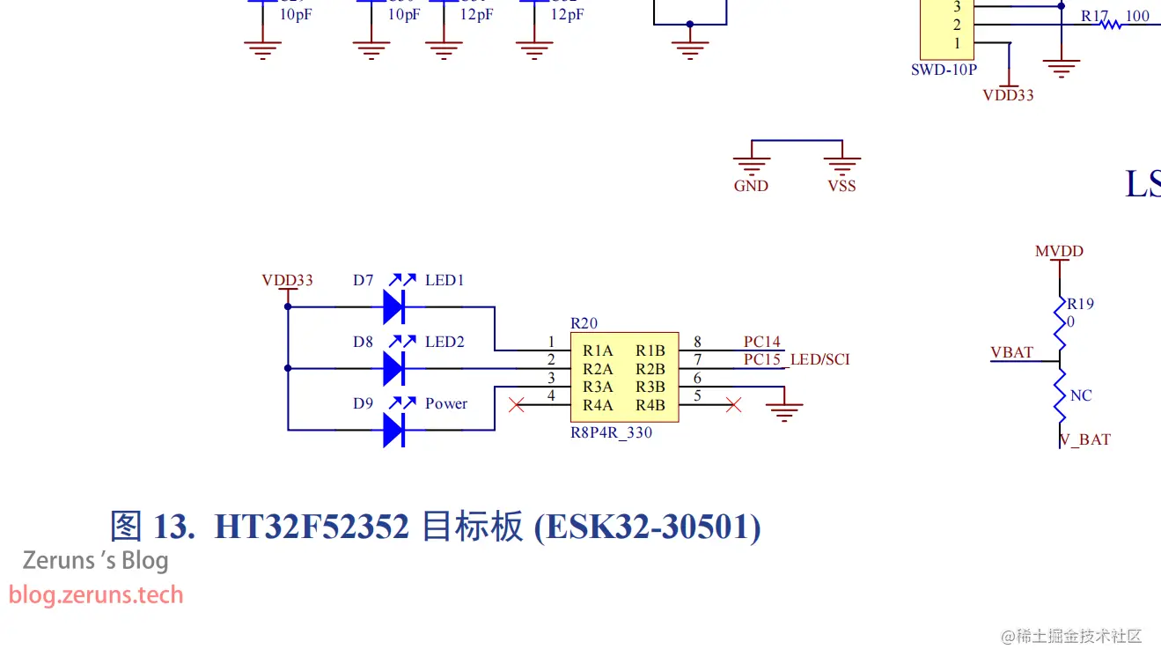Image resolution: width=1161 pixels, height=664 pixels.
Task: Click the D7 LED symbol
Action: (393, 306)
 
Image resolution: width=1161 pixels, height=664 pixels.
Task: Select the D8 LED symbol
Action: (393, 368)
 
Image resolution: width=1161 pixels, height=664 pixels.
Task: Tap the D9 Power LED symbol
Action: (393, 430)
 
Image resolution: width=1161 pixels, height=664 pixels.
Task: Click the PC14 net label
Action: (761, 342)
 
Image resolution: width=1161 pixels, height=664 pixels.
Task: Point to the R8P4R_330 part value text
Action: (611, 432)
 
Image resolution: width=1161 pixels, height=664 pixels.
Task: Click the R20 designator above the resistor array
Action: (584, 323)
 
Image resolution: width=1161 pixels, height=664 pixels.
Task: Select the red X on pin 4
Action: (517, 405)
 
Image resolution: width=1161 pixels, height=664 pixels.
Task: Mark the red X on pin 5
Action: (732, 405)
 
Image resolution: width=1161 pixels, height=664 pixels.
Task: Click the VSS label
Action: (841, 186)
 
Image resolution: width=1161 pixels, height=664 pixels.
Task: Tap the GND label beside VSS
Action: (751, 186)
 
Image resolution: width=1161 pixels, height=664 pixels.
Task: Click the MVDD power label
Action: (1059, 251)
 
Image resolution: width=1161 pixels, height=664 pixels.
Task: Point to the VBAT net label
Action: (1011, 352)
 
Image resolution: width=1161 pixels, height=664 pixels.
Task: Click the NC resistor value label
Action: (1081, 395)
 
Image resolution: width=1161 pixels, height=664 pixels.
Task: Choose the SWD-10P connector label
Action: (944, 70)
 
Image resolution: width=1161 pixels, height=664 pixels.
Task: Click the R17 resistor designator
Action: (1095, 16)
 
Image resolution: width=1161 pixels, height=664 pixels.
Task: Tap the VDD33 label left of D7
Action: (287, 280)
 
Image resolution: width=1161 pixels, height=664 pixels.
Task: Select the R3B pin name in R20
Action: (650, 387)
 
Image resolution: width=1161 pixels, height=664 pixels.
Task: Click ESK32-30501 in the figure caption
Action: (648, 527)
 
